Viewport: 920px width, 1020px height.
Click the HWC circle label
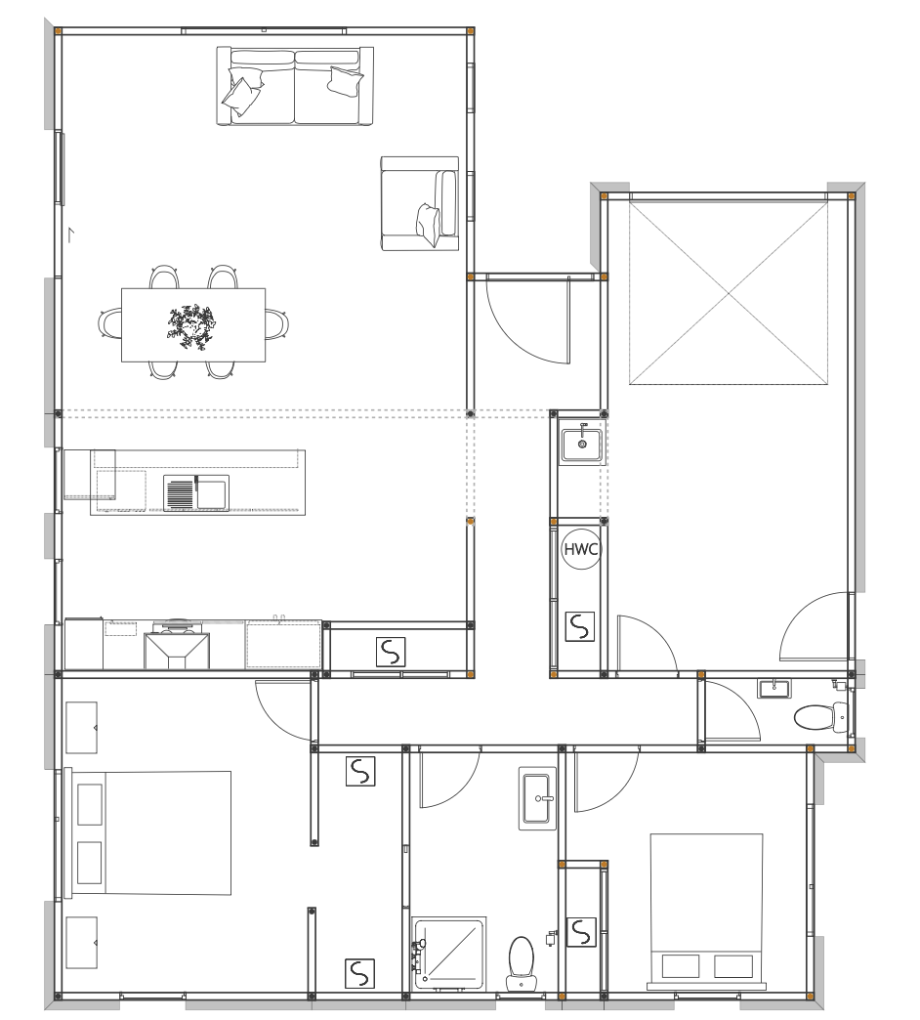coord(580,549)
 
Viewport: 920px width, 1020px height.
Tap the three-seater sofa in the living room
coord(295,85)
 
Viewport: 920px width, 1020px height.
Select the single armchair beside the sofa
coord(419,203)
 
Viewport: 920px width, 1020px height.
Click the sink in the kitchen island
coord(195,493)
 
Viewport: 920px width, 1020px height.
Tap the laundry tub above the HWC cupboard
coord(582,443)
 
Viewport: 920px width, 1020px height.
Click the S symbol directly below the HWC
coord(579,626)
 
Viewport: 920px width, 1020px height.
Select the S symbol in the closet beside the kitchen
coord(391,652)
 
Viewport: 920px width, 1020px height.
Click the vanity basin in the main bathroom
coord(538,798)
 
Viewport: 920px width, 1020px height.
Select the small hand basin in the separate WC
coord(774,688)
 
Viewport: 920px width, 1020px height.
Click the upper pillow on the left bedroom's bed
coord(90,805)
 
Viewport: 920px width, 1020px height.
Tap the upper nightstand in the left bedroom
coord(81,727)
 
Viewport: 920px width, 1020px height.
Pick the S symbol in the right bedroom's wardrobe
coord(581,931)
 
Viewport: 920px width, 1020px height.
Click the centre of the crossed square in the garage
coord(729,293)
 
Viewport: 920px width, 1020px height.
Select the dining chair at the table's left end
coord(110,323)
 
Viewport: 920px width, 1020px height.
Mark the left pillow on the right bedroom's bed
coord(681,966)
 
